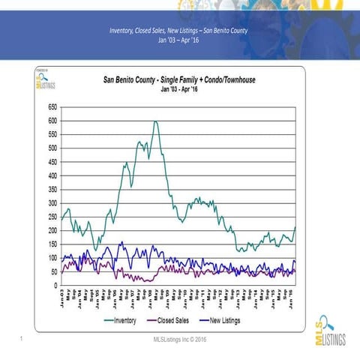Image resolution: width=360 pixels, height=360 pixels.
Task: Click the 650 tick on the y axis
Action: coord(51,106)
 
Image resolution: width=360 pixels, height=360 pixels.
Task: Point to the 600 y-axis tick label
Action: coord(51,121)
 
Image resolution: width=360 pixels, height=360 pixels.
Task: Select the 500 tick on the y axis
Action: coord(51,148)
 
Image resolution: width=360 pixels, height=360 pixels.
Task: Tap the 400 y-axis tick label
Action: coord(51,175)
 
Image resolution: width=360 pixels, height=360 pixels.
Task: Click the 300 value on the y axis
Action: coord(51,203)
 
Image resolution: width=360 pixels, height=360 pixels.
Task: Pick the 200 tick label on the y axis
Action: coord(51,230)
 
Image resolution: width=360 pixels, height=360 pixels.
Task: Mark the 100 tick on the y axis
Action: coord(51,258)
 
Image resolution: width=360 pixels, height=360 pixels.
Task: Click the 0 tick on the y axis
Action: coord(54,286)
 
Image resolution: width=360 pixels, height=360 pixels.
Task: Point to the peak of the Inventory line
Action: coord(155,121)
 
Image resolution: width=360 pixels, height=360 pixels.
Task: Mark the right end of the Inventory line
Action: coord(295,227)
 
